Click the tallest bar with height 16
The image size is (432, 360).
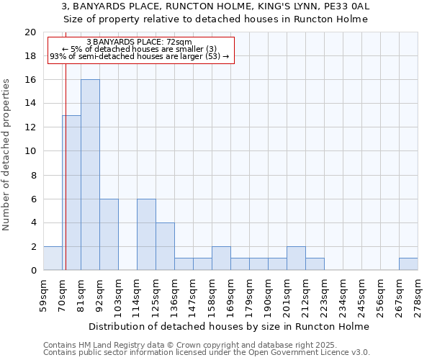click(x=90, y=175)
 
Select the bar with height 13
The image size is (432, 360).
click(x=71, y=193)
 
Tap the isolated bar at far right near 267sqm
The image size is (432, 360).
click(x=408, y=264)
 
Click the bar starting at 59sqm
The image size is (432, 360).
click(x=53, y=258)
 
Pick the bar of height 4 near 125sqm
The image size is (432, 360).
click(x=165, y=246)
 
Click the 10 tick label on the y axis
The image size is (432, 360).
click(x=30, y=151)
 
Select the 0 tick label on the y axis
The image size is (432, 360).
click(x=32, y=271)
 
